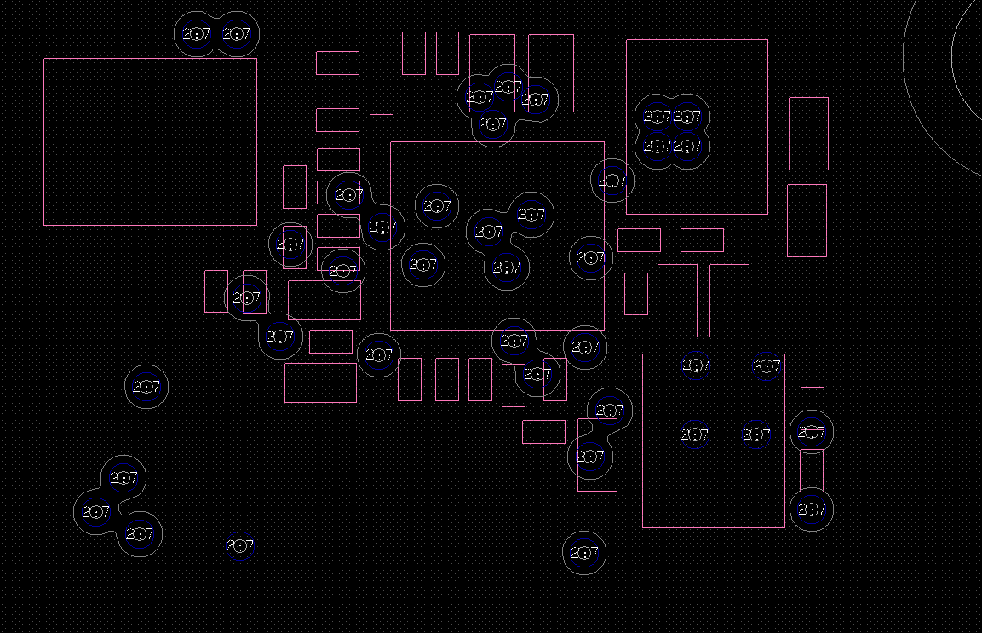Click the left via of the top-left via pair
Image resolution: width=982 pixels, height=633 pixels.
coord(197,35)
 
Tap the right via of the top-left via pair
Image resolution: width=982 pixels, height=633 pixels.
coord(236,35)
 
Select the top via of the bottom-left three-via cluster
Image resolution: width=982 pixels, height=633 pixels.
coord(123,478)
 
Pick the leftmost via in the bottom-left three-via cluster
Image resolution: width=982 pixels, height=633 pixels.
coord(95,513)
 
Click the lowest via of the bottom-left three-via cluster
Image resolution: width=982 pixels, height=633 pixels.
coord(139,534)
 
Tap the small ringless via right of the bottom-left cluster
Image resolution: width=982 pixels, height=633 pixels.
coord(239,546)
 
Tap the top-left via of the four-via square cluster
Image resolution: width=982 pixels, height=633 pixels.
coord(657,117)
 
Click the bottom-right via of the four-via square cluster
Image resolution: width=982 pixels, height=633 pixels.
coord(687,147)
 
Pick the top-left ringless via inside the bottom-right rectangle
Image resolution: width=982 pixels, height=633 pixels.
coord(696,366)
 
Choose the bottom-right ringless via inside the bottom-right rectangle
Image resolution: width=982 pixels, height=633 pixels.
coord(756,434)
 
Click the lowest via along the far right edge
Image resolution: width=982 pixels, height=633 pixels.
coord(811,510)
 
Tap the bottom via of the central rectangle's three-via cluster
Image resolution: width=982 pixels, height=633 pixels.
coord(506,268)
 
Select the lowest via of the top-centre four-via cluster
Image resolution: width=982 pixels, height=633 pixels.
coord(492,125)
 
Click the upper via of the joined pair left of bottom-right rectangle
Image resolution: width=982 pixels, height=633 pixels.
coord(610,411)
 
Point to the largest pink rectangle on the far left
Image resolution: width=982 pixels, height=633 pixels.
coord(150,141)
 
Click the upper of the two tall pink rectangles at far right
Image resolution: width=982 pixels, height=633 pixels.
coord(808,134)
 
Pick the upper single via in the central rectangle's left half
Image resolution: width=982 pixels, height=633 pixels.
coord(437,206)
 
